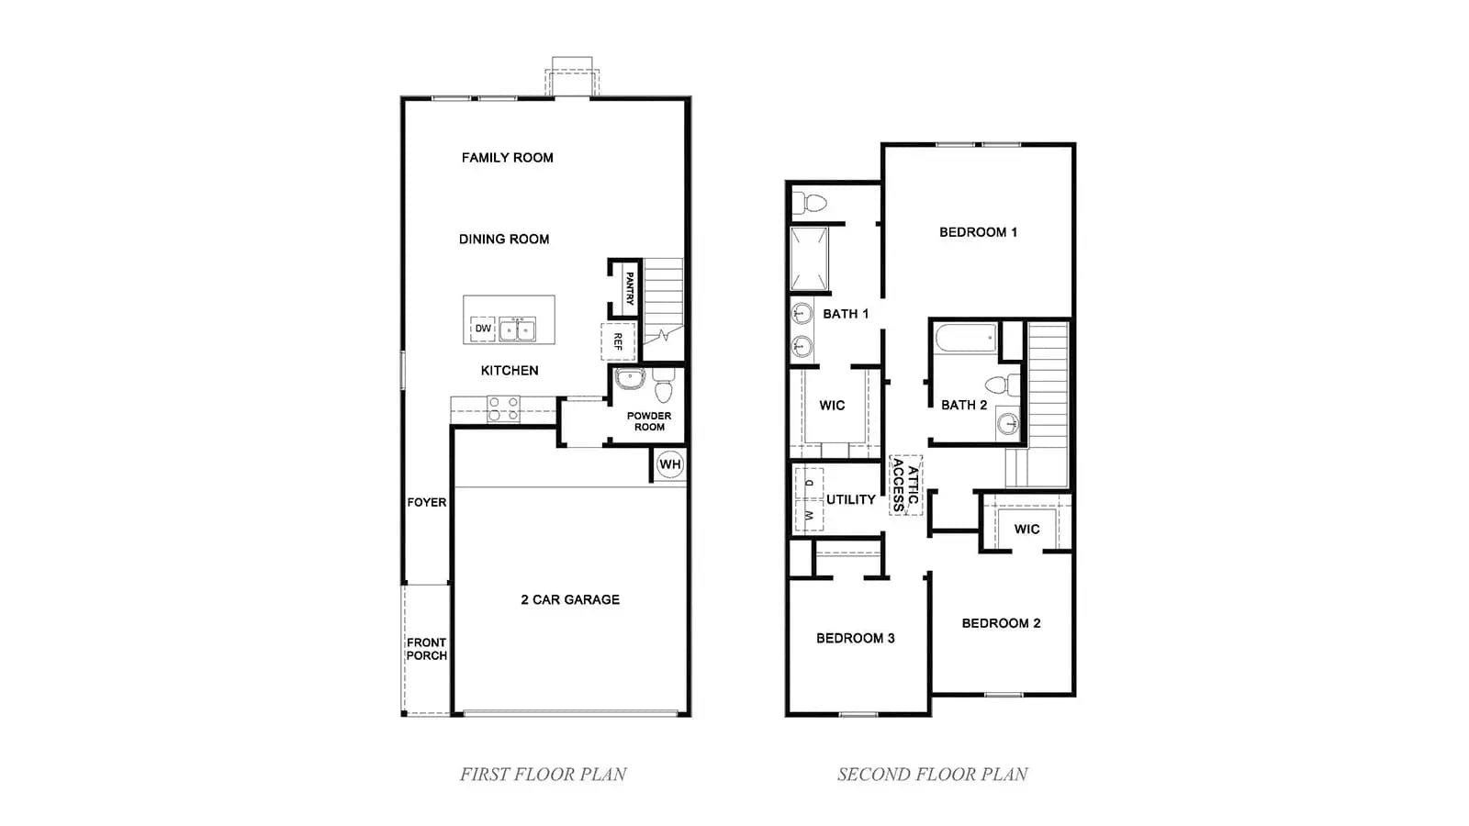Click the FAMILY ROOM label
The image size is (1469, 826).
507,157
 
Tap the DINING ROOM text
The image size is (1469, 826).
504,240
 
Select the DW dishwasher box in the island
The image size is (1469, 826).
483,329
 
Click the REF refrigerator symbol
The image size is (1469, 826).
618,340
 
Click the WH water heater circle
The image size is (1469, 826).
670,464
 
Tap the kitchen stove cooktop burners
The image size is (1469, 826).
503,409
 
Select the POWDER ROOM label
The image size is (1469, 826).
648,421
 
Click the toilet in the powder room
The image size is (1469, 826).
664,385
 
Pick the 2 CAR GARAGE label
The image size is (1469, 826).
570,599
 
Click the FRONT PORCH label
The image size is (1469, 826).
426,649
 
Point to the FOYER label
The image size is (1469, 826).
426,502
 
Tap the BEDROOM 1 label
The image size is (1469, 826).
978,232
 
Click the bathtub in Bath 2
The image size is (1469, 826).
965,339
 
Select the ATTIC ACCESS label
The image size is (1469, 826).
905,486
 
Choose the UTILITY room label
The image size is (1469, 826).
850,499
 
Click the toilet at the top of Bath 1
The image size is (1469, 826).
809,203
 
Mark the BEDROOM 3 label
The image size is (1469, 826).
855,638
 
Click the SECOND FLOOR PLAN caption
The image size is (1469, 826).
933,775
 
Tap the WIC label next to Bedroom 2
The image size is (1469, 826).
1026,529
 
